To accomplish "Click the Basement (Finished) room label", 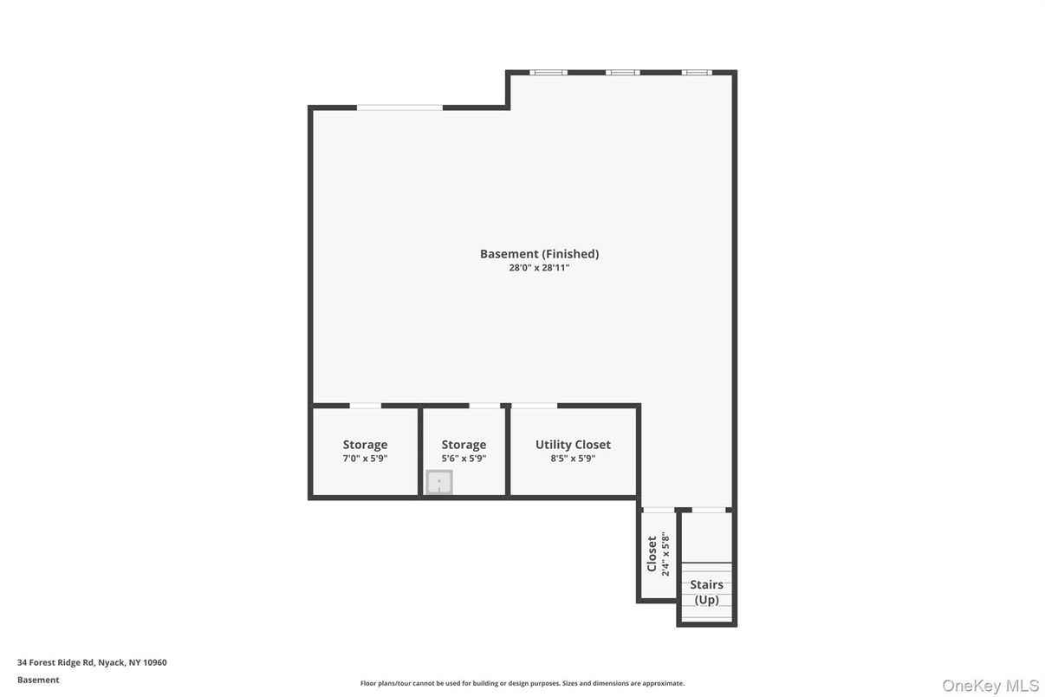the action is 539,254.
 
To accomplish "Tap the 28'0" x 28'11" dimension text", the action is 539,268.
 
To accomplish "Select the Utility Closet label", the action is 573,445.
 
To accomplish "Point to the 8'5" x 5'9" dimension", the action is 573,459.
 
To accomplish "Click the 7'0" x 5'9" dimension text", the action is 366,459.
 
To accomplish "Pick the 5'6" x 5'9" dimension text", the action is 464,459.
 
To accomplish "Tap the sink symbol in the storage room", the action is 439,482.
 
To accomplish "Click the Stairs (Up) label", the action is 706,592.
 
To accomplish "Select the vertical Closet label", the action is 652,554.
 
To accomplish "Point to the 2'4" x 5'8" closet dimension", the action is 665,554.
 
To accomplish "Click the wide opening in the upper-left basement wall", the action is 399,107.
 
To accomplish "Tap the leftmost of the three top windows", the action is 548,72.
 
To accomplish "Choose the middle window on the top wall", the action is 623,72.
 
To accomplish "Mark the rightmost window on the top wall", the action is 697,72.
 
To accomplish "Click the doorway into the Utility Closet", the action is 534,406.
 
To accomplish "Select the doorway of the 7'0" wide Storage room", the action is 366,406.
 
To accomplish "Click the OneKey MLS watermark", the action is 990,686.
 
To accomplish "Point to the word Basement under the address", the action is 38,681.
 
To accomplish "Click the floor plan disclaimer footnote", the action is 522,683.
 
